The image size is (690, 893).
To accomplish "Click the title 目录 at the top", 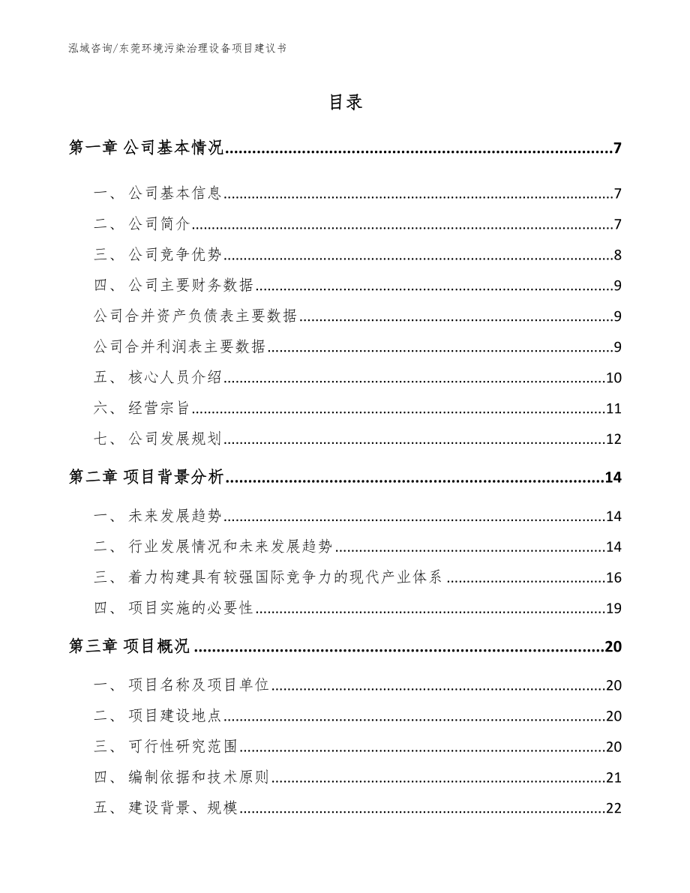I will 345,103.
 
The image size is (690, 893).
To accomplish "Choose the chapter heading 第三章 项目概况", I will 129,647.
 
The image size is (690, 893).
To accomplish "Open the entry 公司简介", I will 148,224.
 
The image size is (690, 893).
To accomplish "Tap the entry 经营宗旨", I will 158,408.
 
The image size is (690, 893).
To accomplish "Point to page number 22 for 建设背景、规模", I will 613,808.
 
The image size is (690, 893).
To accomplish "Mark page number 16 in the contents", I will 613,577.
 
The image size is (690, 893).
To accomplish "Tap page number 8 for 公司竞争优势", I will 617,255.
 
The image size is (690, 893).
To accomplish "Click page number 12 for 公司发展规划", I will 613,439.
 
